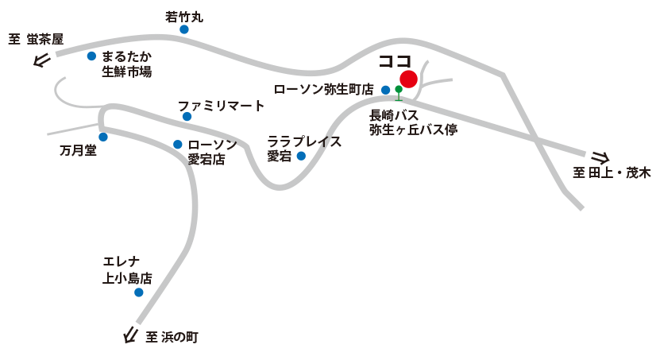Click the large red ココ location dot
tap(408, 79)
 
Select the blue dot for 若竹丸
tap(184, 29)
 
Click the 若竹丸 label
tap(184, 16)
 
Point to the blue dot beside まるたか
tap(91, 56)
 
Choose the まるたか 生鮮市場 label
tap(127, 64)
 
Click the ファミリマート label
tap(221, 105)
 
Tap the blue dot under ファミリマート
tap(187, 117)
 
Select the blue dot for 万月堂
tap(102, 137)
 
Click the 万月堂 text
tap(78, 151)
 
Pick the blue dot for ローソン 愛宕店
tap(178, 144)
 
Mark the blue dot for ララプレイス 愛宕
tap(301, 156)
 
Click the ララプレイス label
tap(304, 141)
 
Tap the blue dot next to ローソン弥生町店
tap(385, 90)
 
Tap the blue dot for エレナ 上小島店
tap(139, 292)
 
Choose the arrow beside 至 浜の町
tap(130, 336)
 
